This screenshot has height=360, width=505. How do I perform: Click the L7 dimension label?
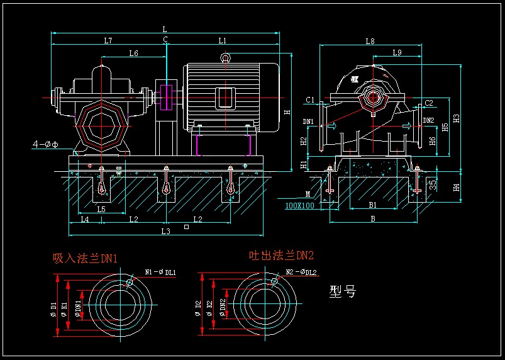(108, 40)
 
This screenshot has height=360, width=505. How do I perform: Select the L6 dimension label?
(133, 53)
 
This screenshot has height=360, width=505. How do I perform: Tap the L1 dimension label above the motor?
(223, 40)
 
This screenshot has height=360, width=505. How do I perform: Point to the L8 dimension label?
(370, 42)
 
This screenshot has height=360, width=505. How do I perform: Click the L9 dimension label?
(397, 53)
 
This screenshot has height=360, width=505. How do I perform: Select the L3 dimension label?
(166, 231)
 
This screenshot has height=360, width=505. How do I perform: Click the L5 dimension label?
(101, 208)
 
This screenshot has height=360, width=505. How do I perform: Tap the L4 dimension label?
(85, 220)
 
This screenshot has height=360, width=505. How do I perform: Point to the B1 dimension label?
(372, 205)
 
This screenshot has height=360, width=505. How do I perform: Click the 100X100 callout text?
(299, 205)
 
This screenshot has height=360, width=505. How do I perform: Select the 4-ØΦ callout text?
(45, 144)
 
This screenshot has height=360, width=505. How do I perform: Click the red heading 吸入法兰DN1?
(85, 258)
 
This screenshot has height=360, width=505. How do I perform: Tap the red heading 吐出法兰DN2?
(281, 255)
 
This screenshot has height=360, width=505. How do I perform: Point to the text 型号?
(343, 291)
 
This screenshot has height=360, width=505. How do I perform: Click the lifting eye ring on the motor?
(224, 59)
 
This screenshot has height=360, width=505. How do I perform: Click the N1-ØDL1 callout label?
(160, 272)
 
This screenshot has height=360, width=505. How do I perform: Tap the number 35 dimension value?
(433, 184)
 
